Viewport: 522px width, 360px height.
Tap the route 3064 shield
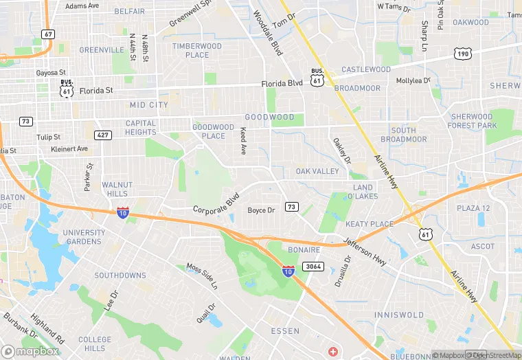point(313,266)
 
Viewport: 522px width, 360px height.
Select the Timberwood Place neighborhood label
point(197,50)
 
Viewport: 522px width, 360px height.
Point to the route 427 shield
point(103,135)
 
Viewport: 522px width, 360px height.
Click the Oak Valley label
point(317,171)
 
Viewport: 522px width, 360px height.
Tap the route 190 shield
point(462,53)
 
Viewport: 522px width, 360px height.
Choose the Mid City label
point(148,105)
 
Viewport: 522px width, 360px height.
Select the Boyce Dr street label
point(261,210)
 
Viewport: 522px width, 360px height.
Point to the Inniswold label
point(395,315)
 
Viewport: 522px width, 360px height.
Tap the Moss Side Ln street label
point(201,275)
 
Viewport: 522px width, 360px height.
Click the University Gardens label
point(84,237)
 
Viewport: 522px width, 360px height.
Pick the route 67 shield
point(47,34)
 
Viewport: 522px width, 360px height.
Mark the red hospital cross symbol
point(334,351)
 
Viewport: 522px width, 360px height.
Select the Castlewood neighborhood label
point(366,69)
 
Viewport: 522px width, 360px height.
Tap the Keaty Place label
point(370,224)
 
